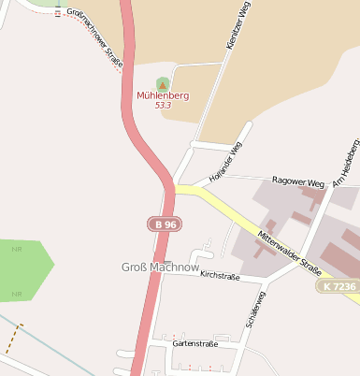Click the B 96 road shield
[x=166, y=224]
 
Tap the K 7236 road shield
[x=338, y=285]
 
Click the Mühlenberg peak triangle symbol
[x=163, y=84]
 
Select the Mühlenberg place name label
[x=163, y=95]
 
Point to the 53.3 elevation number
[x=163, y=106]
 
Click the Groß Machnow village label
[x=161, y=268]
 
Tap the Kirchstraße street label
[x=214, y=277]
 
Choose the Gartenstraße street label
[x=194, y=344]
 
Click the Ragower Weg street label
[x=296, y=182]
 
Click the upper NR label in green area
[x=16, y=250]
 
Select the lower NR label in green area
[x=16, y=294]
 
